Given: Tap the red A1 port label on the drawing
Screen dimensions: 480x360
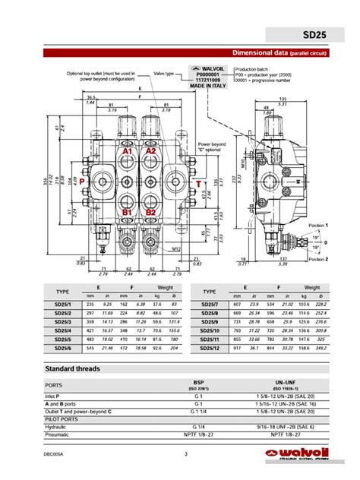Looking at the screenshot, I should tap(128, 151).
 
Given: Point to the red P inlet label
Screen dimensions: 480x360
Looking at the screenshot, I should tap(81, 183).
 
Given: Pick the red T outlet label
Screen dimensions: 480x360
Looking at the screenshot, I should tap(198, 184).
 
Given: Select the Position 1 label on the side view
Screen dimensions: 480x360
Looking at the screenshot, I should tap(318, 226).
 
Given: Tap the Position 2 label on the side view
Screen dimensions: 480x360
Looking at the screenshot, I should tap(318, 258).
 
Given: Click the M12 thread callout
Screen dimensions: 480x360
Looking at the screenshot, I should tap(175, 248).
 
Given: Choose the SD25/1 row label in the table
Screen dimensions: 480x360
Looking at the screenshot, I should tap(63, 304).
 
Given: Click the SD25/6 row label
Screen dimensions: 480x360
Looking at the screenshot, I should tap(63, 347).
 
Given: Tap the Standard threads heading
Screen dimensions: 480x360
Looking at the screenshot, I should tap(73, 368).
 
